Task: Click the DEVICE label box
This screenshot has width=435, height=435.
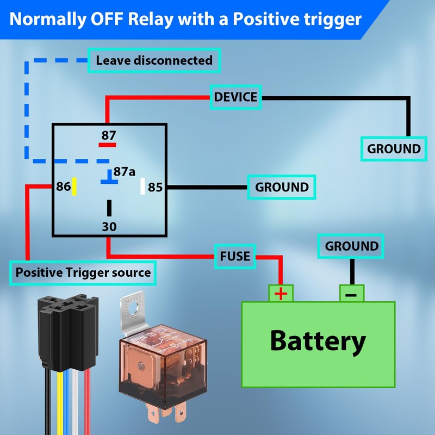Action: tap(235, 98)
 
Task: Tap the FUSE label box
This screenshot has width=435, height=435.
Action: tap(235, 256)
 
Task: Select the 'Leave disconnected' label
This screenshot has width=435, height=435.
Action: tap(154, 60)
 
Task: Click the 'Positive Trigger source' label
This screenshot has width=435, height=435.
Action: tap(83, 272)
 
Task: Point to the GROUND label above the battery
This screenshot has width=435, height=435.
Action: tap(351, 246)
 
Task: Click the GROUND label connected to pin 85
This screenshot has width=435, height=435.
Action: tap(282, 188)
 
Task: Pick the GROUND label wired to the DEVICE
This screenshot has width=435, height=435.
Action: tap(394, 148)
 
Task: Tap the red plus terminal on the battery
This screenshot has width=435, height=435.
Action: tap(281, 294)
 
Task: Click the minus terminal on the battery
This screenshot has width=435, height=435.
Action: tap(351, 294)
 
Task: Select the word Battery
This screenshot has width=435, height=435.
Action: tap(318, 341)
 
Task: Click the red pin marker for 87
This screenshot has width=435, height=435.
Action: tap(108, 145)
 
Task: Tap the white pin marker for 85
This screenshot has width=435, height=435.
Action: tap(143, 186)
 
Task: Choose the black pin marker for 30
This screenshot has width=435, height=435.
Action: tap(109, 208)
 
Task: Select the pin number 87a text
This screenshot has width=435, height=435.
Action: tap(125, 172)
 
